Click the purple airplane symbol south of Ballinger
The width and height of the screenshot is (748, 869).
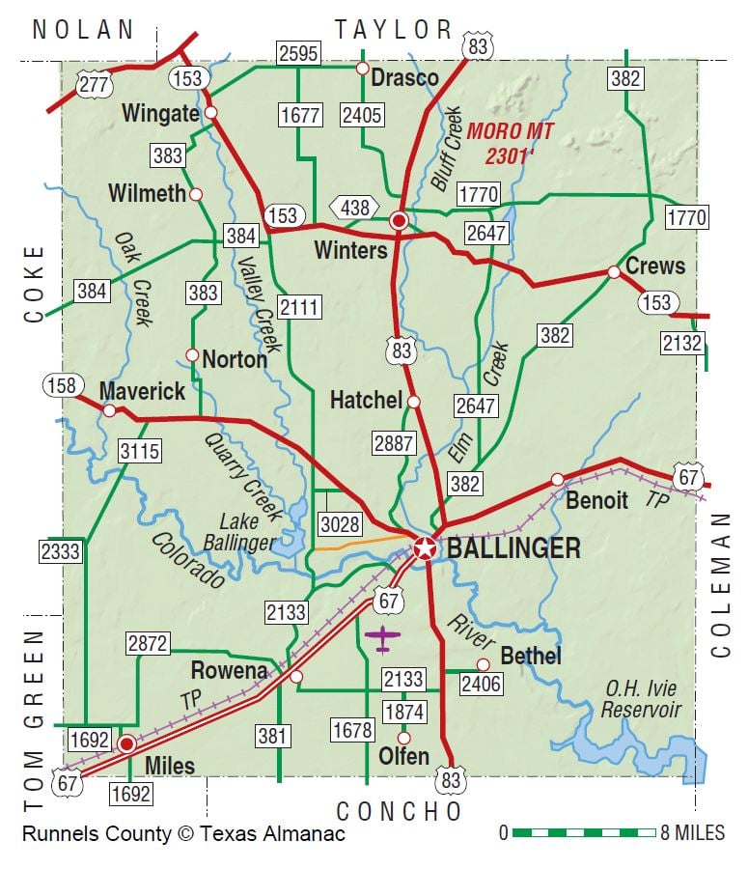click(383, 637)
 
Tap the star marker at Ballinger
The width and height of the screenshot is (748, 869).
click(424, 548)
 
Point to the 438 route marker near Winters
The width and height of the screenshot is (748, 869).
click(353, 207)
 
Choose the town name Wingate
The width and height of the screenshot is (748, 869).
click(160, 114)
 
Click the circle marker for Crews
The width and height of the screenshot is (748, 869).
click(614, 272)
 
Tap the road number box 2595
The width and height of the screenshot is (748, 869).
click(298, 53)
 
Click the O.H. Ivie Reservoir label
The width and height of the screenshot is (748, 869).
click(641, 700)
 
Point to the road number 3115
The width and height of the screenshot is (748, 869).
click(140, 450)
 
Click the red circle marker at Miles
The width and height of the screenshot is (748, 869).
click(126, 743)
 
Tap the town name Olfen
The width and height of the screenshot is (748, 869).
click(403, 756)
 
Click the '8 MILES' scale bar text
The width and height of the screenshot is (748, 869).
click(692, 832)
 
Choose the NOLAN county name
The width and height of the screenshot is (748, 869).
click(83, 29)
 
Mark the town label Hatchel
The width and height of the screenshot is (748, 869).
click(365, 400)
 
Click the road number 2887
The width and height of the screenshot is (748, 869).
click(394, 444)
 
